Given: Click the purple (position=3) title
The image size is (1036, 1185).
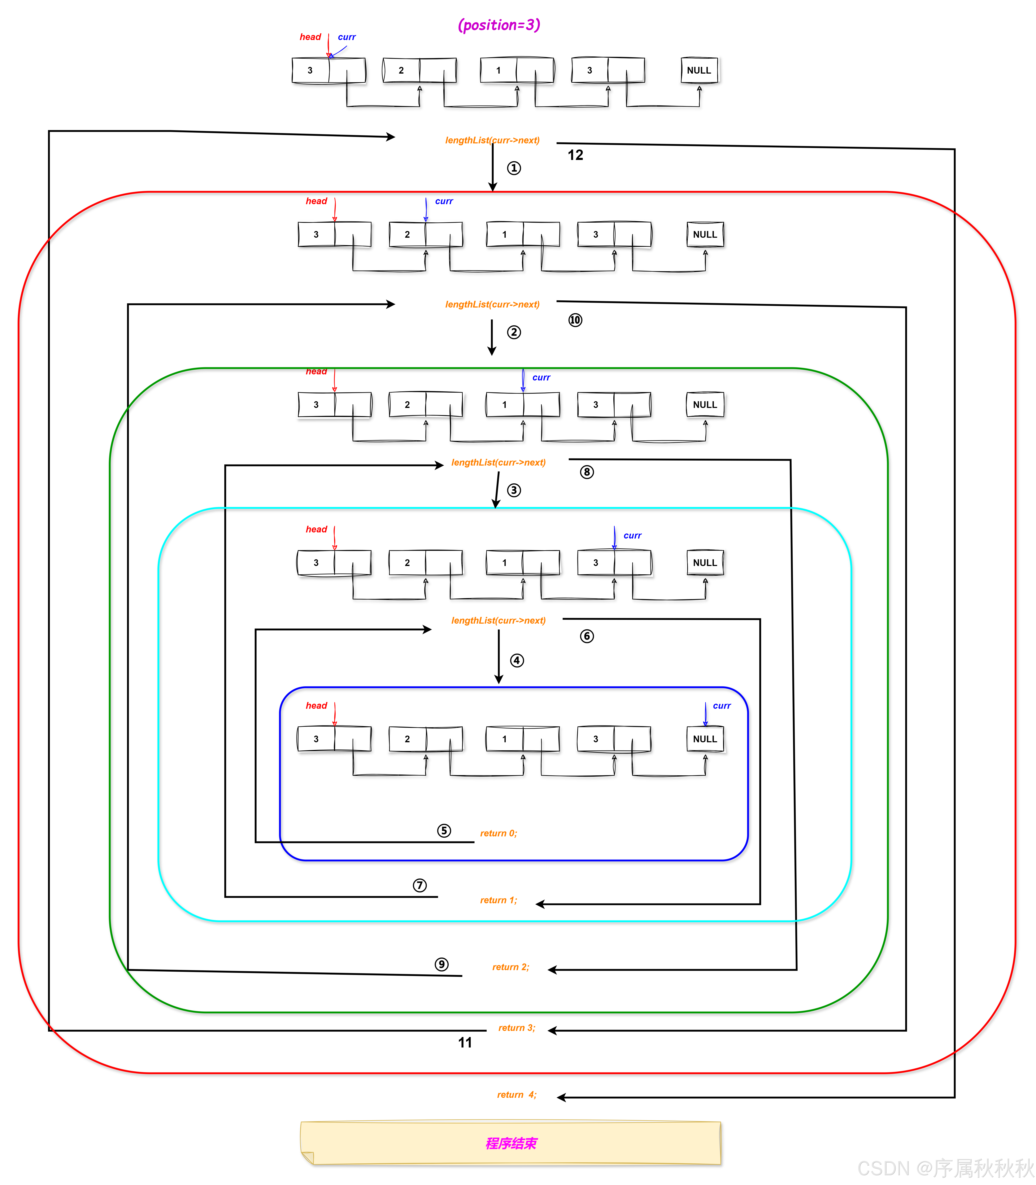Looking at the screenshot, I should [x=498, y=25].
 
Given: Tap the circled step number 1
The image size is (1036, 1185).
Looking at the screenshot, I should [x=513, y=168].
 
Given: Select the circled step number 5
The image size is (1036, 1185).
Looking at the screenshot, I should [x=443, y=831].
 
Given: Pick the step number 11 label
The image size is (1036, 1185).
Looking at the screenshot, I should [x=465, y=1042].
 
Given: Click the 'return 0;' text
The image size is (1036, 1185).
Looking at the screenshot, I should [x=498, y=833].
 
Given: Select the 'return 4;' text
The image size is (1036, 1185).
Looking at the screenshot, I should [x=516, y=1094].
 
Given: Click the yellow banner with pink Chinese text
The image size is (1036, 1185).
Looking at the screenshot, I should [x=510, y=1143].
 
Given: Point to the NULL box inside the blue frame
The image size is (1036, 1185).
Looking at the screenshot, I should [x=705, y=739].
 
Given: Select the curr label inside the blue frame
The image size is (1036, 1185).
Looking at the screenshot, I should [x=722, y=706].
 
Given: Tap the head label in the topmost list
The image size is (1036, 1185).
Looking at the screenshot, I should [x=310, y=37].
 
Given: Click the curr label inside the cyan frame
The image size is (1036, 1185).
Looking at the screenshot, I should [x=632, y=535].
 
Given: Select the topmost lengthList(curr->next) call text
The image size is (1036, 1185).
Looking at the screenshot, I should [x=492, y=140].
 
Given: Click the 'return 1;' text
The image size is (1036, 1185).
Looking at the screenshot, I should [x=498, y=900].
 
